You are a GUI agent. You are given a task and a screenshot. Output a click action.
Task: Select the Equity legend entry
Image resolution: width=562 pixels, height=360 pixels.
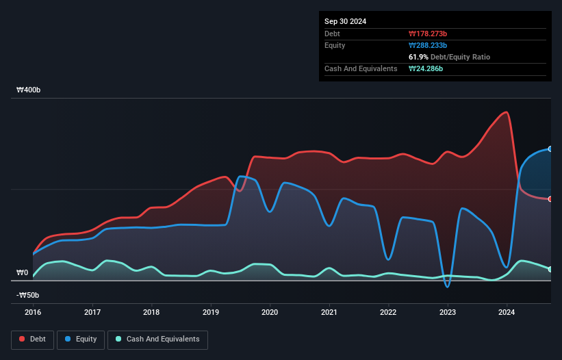[81, 339]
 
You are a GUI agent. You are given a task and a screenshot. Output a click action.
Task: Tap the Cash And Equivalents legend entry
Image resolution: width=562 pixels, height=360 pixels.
[157, 339]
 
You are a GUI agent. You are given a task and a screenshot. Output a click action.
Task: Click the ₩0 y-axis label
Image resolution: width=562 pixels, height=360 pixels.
[23, 272]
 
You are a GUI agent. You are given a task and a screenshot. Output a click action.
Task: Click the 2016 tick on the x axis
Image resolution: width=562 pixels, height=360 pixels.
[33, 312]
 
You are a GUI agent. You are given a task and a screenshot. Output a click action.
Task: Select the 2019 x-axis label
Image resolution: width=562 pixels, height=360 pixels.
[211, 312]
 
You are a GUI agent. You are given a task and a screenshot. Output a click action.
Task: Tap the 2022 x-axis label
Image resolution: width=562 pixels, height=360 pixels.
[388, 312]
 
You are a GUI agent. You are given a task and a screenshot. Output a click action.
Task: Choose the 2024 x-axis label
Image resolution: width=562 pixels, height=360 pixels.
[507, 312]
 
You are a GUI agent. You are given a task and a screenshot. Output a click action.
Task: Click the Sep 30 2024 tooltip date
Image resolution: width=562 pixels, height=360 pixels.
[345, 21]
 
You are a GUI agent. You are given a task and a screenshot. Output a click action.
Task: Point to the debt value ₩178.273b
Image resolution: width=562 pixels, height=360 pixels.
[429, 34]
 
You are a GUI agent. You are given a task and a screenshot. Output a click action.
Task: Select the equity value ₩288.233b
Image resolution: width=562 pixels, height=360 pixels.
[428, 45]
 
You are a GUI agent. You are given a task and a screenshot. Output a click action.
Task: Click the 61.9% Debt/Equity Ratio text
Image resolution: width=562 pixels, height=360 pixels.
[449, 57]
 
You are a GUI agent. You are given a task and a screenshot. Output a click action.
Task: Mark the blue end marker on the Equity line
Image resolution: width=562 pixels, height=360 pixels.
[550, 149]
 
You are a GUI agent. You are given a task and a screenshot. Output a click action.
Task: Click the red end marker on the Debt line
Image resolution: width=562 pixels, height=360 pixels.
[550, 199]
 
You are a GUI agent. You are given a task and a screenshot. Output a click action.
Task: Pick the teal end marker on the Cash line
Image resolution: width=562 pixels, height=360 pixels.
[550, 269]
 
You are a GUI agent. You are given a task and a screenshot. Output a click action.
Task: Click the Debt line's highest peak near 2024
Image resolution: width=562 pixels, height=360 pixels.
[507, 112]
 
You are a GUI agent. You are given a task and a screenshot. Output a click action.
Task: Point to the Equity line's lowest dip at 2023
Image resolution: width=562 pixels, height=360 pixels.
[448, 287]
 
